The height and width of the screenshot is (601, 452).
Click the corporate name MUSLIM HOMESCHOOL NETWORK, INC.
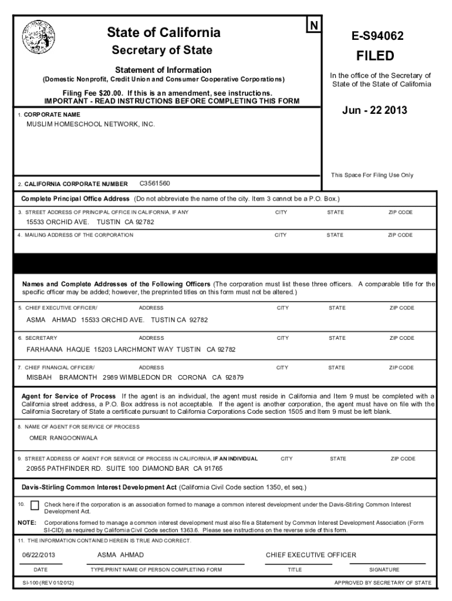90,124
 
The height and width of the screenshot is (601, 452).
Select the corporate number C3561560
154,184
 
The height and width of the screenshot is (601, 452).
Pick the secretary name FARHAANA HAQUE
58,349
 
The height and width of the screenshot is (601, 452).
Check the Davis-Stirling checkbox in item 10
35,505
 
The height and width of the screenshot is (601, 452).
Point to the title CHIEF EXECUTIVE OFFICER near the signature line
311,555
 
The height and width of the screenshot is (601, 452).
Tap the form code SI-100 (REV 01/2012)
45,583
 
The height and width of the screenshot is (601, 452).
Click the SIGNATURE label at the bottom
384,569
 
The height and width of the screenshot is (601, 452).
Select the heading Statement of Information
163,70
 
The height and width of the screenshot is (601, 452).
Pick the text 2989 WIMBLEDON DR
137,377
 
